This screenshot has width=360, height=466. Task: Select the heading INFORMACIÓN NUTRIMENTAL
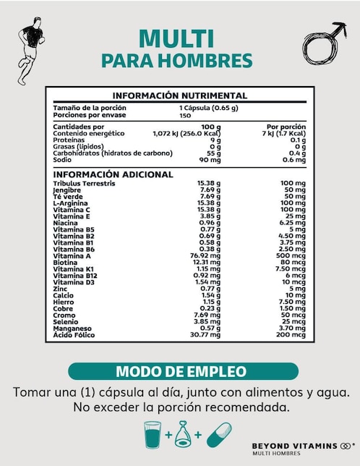pyautogui.click(x=180, y=96)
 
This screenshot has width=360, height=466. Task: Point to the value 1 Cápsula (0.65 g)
pyautogui.click(x=209, y=108)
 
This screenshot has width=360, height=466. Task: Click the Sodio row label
pyautogui.click(x=63, y=160)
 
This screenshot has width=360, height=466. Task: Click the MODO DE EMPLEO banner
pyautogui.click(x=181, y=372)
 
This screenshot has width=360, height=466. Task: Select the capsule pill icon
pyautogui.click(x=218, y=436)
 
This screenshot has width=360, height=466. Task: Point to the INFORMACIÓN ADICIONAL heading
pyautogui.click(x=113, y=174)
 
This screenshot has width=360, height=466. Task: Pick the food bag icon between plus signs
pyautogui.click(x=184, y=435)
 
